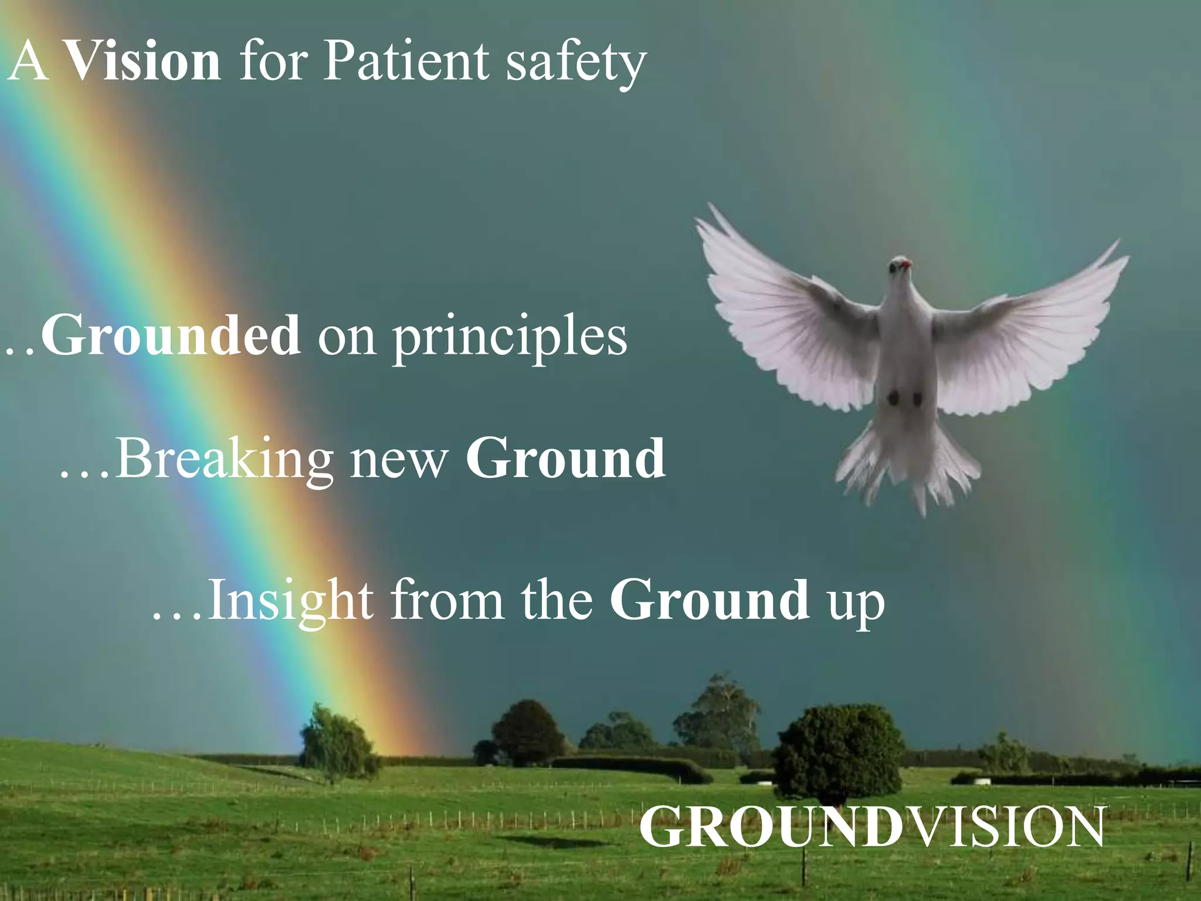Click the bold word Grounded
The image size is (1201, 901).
pos(171,336)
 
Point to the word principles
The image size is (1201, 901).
pos(510,339)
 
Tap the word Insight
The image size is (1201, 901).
pos(290,601)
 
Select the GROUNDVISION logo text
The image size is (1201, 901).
pos(871,827)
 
